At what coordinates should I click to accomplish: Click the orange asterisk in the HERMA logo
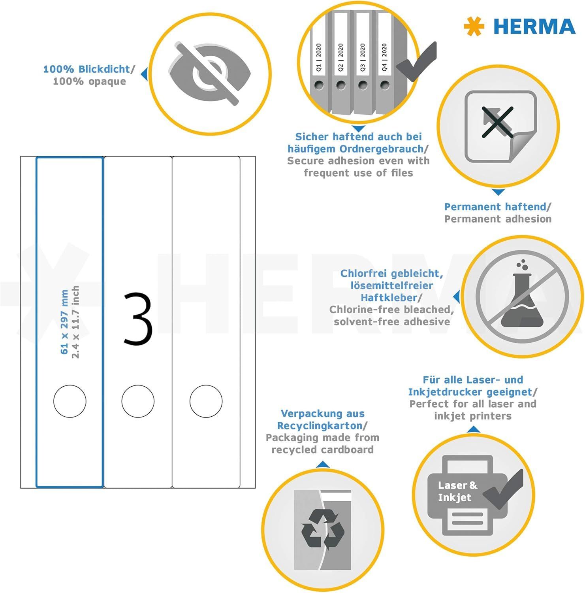click(474, 26)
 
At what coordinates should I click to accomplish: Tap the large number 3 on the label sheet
click(138, 319)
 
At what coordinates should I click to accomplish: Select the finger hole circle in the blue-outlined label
click(70, 401)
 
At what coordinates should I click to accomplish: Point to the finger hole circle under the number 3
click(138, 401)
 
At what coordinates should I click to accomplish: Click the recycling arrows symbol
click(323, 529)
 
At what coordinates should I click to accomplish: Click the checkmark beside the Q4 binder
click(416, 61)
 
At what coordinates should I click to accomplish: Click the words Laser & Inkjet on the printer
click(457, 491)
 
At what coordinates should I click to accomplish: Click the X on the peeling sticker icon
click(497, 122)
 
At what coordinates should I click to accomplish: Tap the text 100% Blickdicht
click(87, 69)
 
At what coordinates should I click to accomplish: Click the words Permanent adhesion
click(498, 219)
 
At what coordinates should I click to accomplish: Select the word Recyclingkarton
click(320, 426)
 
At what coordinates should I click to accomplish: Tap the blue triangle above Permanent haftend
click(498, 192)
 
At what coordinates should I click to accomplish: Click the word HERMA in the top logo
click(534, 26)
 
